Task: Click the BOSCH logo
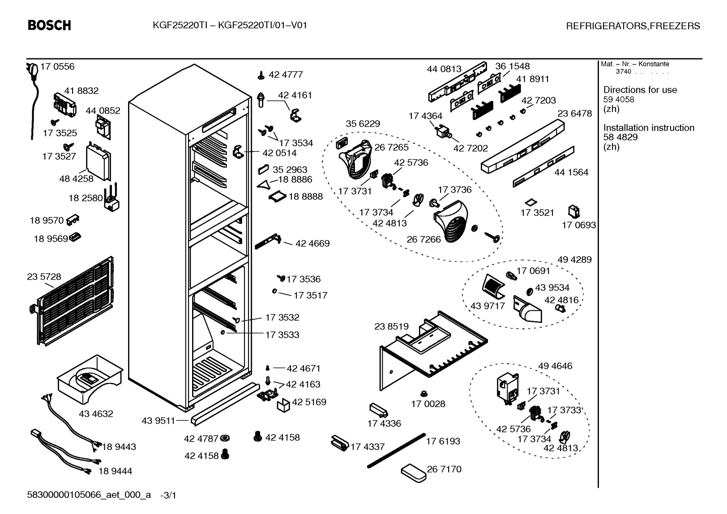(49, 25)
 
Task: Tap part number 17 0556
(57, 67)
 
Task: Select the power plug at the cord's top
(32, 70)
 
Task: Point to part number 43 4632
(96, 414)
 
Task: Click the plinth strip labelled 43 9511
(225, 404)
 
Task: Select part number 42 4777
(285, 75)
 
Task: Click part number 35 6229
(362, 124)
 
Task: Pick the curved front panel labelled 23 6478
(522, 146)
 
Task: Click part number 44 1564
(571, 173)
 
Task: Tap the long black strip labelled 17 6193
(396, 450)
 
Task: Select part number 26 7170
(444, 469)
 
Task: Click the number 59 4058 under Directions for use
(619, 99)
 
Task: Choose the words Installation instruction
(649, 128)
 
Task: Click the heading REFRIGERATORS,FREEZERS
(633, 26)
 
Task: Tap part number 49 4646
(555, 366)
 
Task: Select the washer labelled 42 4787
(224, 439)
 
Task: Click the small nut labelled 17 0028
(423, 394)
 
